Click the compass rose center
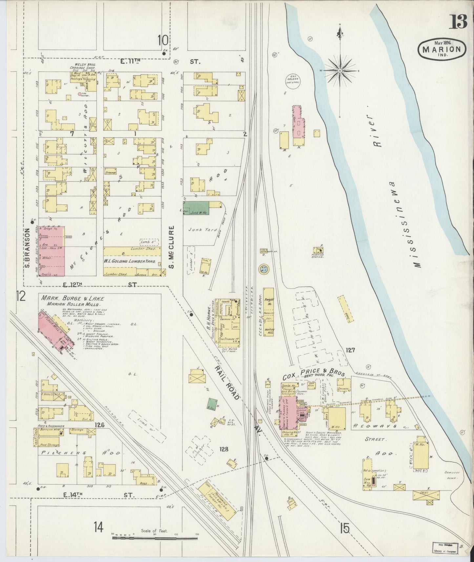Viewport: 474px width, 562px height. (x=340, y=70)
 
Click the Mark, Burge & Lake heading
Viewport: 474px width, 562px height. (x=72, y=299)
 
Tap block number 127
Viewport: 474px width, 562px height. (x=350, y=350)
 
